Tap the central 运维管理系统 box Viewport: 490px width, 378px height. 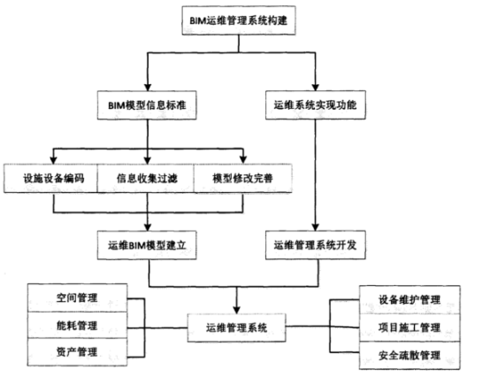point(236,328)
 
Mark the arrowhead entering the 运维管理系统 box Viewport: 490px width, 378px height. point(236,310)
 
